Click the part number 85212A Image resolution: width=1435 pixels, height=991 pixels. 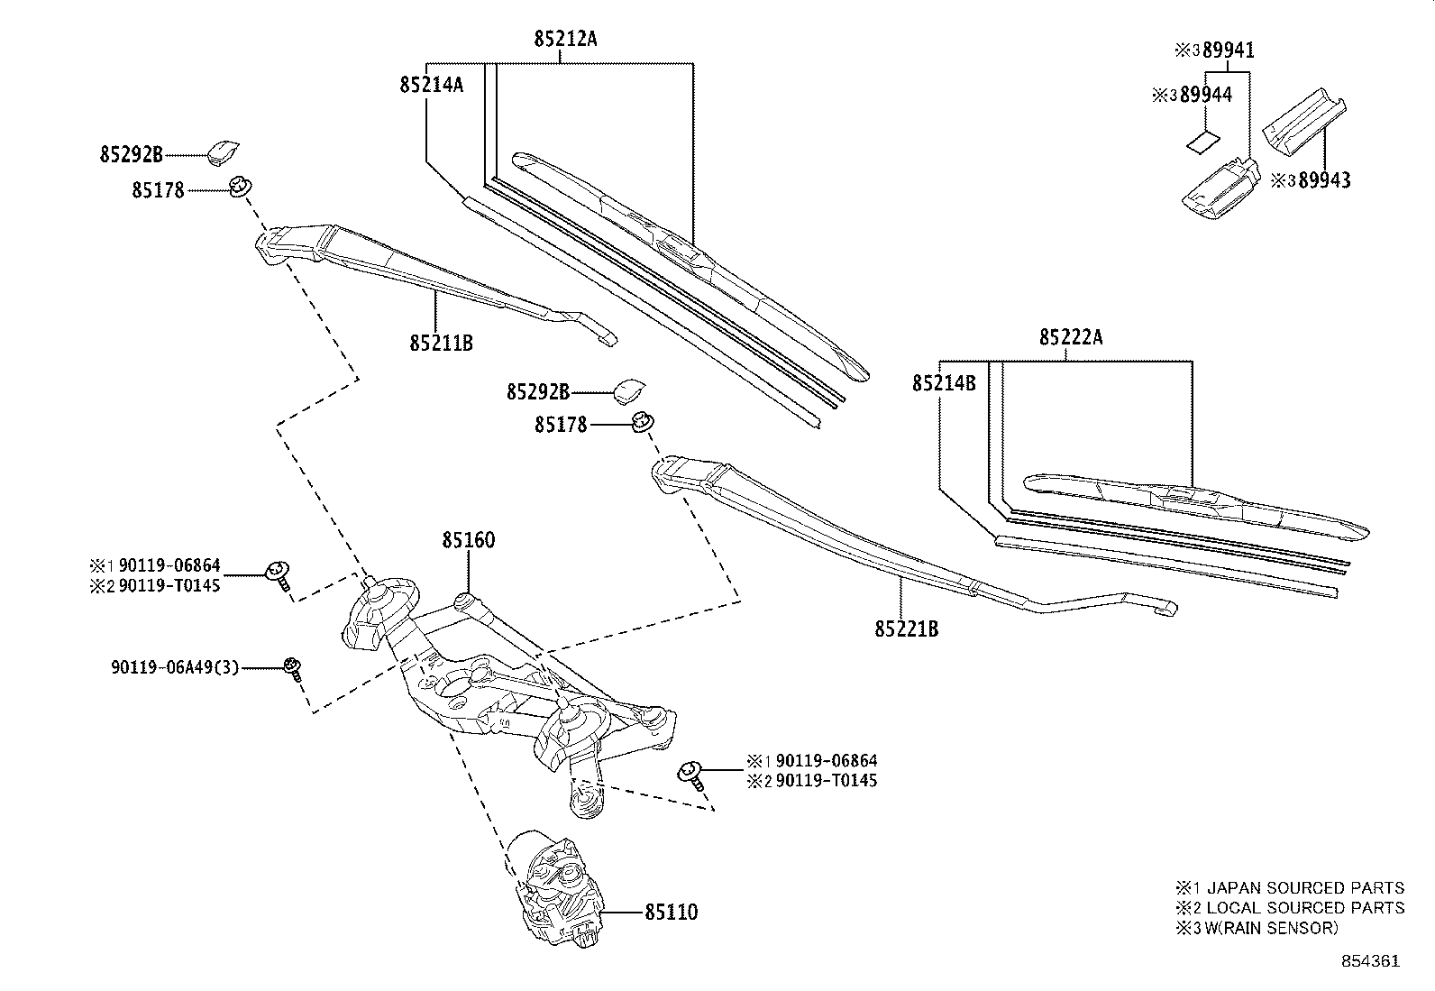(565, 39)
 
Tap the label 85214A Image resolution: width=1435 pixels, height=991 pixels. (431, 85)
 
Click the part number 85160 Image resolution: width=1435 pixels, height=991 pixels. (468, 541)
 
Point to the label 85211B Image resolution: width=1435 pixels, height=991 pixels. (441, 343)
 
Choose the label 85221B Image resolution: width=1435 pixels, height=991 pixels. (906, 629)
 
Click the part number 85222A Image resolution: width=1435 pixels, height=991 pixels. (1071, 337)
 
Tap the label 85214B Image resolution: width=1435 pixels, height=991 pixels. (944, 383)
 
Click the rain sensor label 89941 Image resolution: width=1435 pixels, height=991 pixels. (1228, 50)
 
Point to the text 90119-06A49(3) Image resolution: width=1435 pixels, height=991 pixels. (175, 668)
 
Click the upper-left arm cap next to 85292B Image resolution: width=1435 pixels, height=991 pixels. (223, 151)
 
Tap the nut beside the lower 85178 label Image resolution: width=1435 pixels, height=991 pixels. (642, 422)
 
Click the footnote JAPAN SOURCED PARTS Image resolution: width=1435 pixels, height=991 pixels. (1304, 888)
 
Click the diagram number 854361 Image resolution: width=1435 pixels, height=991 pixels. (1370, 961)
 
